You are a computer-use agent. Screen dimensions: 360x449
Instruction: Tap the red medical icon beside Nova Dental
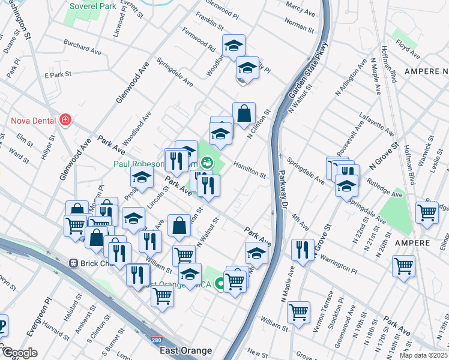click(x=65, y=121)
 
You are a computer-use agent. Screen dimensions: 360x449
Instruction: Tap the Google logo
click(x=19, y=353)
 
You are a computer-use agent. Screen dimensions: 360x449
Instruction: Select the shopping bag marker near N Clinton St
click(x=244, y=113)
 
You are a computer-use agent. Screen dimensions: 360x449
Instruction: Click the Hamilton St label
click(x=250, y=169)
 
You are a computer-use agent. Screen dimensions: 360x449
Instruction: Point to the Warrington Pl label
click(x=340, y=261)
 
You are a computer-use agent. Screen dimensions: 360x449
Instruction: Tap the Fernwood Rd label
click(x=199, y=38)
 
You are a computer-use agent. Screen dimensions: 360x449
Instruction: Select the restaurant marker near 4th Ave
click(x=303, y=248)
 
